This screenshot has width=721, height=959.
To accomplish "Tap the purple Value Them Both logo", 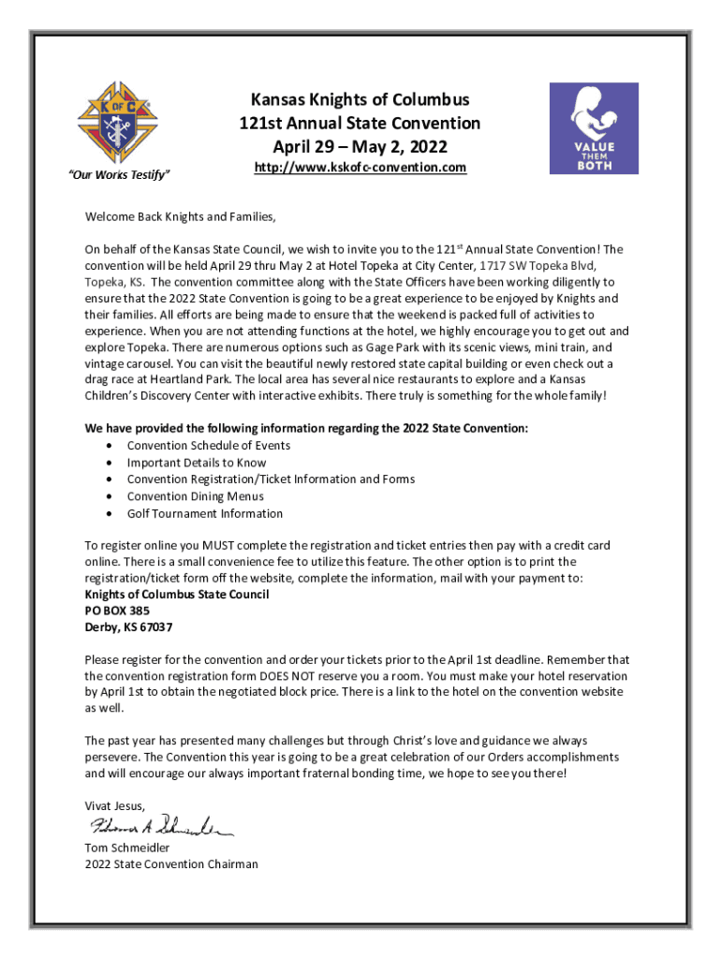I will [593, 128].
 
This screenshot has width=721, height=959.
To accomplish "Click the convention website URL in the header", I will [360, 168].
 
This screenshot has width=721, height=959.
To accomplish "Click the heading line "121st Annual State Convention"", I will [359, 123].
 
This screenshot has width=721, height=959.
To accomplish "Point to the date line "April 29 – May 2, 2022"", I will [360, 146].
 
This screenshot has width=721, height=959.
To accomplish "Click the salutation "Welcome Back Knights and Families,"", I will [181, 218].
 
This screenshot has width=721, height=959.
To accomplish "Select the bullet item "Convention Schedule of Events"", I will [208, 446].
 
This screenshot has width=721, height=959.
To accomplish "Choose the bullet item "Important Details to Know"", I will [197, 463].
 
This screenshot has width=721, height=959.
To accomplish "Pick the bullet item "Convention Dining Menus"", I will [195, 496].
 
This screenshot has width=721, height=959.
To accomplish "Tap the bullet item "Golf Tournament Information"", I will [204, 513].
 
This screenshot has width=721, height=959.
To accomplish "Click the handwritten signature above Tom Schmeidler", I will [160, 826].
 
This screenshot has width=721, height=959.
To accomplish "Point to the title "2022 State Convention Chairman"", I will [171, 864].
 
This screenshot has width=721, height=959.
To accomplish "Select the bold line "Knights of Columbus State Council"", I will [176, 595].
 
